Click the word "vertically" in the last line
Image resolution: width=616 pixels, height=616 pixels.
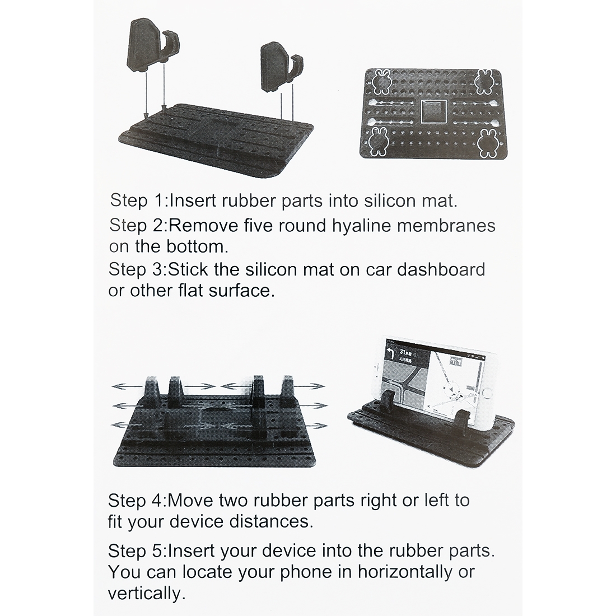click(144, 594)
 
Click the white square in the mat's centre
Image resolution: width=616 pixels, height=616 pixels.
click(433, 112)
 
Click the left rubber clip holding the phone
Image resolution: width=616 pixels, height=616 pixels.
click(389, 402)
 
